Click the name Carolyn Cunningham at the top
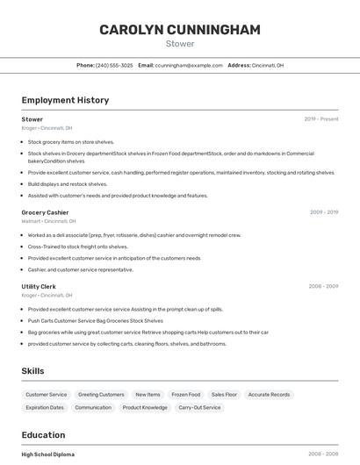coord(180,30)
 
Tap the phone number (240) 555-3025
coord(114,65)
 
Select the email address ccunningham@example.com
coord(189,65)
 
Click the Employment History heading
coord(65,100)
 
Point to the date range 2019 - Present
coord(321,119)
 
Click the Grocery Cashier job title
coord(45,212)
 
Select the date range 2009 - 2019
coord(324,212)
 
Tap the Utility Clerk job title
coord(39,287)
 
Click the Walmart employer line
coord(48,221)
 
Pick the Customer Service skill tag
coord(47,395)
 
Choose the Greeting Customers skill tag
coord(101,395)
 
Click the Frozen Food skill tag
coord(185,395)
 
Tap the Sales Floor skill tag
coord(224,395)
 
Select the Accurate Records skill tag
coord(269,395)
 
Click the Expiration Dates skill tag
coord(45,407)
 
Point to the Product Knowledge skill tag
coord(145,407)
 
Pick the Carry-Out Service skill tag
coord(199,407)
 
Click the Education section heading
coord(43,435)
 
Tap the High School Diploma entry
coord(48,454)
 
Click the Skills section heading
coord(32,371)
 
